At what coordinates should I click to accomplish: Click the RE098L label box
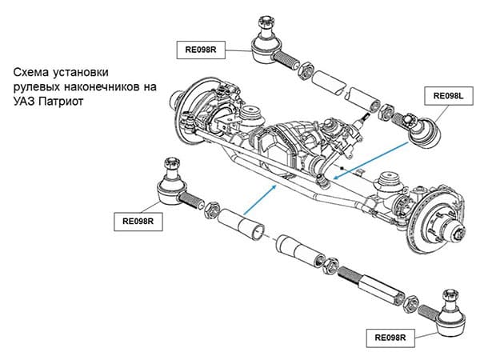point(449,96)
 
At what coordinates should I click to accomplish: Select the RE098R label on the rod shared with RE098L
point(201,50)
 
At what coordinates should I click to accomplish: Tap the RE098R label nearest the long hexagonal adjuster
point(390,338)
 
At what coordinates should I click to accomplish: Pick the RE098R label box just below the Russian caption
point(138,222)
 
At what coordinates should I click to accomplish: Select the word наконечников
point(102,87)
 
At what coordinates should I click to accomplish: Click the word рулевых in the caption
point(37,87)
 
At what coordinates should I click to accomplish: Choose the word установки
point(80,73)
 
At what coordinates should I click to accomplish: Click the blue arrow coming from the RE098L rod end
point(371,160)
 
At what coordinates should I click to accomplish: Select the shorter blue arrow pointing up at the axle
point(260,199)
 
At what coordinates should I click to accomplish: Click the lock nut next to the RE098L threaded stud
point(386,111)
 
